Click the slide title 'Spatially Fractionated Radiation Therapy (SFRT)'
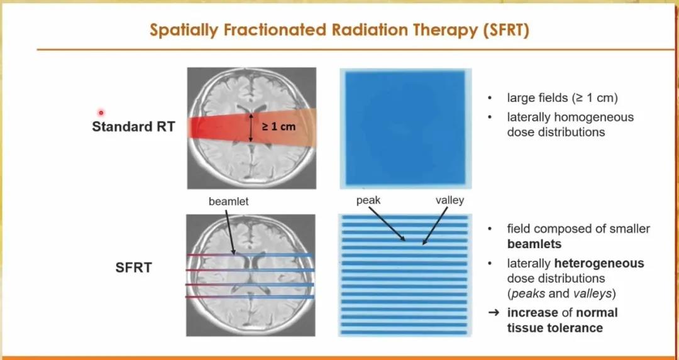coord(339,30)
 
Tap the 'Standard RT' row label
coord(133,127)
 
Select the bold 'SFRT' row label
coord(133,268)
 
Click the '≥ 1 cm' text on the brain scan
coord(279,127)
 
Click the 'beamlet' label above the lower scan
coord(229,202)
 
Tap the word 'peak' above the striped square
coord(368,201)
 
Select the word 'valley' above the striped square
coord(450,200)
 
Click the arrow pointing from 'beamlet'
coord(230,231)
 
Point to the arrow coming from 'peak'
coord(387,224)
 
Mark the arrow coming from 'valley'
coord(435,226)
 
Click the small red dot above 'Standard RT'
coord(101,113)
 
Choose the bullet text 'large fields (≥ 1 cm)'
coord(562,98)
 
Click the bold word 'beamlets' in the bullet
coord(534,244)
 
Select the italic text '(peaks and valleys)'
coord(561,293)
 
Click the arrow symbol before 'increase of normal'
coord(494,312)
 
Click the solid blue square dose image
coord(406,129)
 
